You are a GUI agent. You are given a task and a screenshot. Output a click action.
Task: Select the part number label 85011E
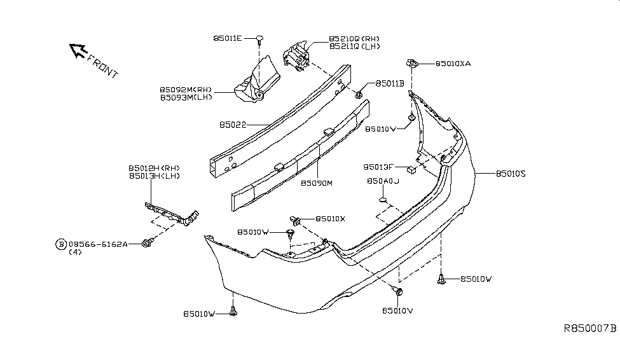[x=227, y=39]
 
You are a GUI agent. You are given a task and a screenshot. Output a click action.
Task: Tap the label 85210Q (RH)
[x=354, y=38]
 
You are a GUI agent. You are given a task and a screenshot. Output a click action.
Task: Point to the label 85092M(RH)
[x=186, y=90]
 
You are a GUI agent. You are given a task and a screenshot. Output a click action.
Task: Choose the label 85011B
[x=389, y=83]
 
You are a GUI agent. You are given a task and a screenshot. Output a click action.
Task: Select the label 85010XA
[x=453, y=64]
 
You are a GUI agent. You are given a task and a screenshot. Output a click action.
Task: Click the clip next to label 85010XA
[x=412, y=63]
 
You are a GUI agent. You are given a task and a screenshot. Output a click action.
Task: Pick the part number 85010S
[x=511, y=173]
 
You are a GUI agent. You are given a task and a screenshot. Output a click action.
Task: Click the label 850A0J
[x=382, y=181]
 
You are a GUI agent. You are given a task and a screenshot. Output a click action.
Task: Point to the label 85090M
[x=317, y=183]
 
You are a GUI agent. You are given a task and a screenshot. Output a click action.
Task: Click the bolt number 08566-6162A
[x=98, y=244]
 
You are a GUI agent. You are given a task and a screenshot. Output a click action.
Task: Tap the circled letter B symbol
[x=61, y=244]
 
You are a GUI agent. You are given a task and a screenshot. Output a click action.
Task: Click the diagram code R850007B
[x=590, y=329]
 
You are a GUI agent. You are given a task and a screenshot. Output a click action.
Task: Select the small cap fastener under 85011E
[x=260, y=40]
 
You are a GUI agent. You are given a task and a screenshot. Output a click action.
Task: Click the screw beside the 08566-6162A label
[x=148, y=243]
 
